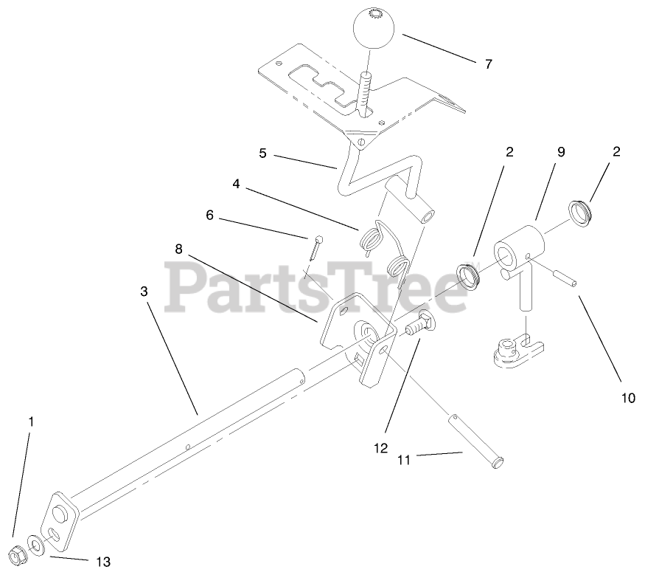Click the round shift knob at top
pyautogui.click(x=374, y=29)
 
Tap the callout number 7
pyautogui.click(x=487, y=64)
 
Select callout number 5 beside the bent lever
pyautogui.click(x=262, y=154)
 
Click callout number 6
pyautogui.click(x=209, y=215)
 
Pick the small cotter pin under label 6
pyautogui.click(x=315, y=247)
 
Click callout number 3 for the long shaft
pyautogui.click(x=144, y=292)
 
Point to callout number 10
pyautogui.click(x=627, y=398)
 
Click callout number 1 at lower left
pyautogui.click(x=31, y=421)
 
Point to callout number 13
pyautogui.click(x=102, y=561)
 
